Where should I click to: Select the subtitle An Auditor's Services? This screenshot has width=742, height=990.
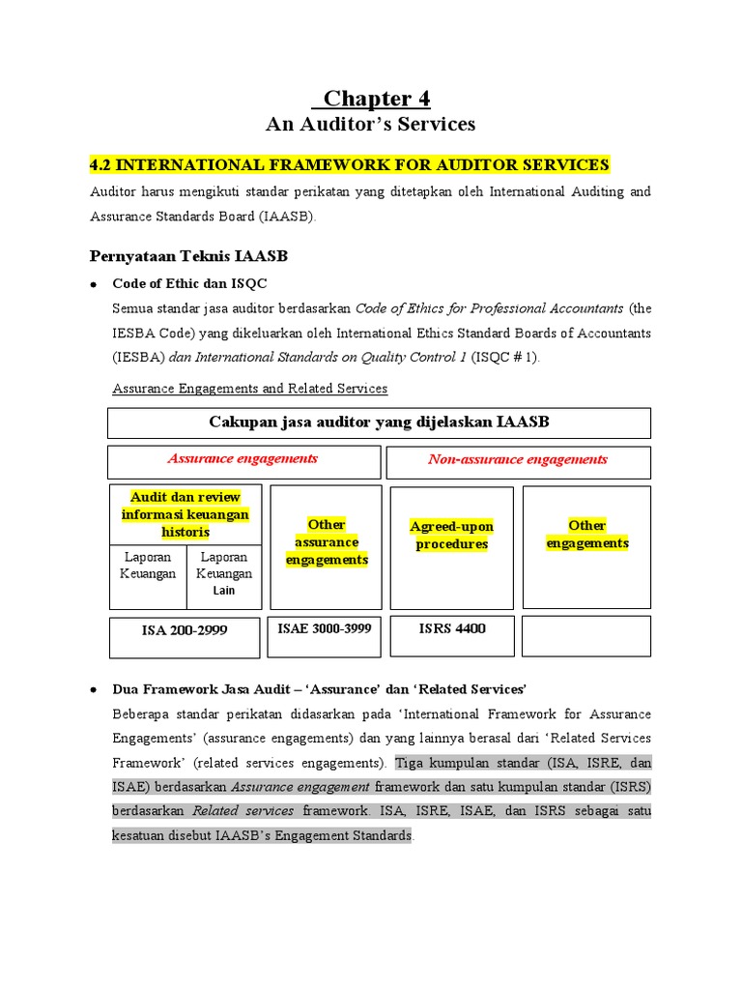pos(371,125)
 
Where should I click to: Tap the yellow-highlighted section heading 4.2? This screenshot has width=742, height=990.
pos(349,164)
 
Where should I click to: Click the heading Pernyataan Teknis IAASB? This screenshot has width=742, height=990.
pos(188,256)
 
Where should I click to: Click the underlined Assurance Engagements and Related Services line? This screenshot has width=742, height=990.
pos(250,389)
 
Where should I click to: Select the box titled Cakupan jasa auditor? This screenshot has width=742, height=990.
pos(379,422)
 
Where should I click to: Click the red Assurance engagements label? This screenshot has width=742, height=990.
pos(243,459)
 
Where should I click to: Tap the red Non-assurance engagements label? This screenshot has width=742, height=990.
pos(518,460)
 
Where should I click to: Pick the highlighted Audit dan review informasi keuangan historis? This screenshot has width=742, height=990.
pos(185,514)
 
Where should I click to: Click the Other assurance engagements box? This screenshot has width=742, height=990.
pos(327,542)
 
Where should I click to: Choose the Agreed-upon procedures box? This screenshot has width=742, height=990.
pos(451,536)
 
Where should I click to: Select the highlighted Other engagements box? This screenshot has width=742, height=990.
pos(586,535)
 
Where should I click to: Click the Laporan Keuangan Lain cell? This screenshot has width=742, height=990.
pos(224,573)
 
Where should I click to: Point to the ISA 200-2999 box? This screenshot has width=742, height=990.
pos(185,630)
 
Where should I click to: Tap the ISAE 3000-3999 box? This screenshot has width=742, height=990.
pos(325,629)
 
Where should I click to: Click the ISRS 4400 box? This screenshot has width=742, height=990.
pos(452,629)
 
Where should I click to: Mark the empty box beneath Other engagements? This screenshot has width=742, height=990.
pos(586,635)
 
